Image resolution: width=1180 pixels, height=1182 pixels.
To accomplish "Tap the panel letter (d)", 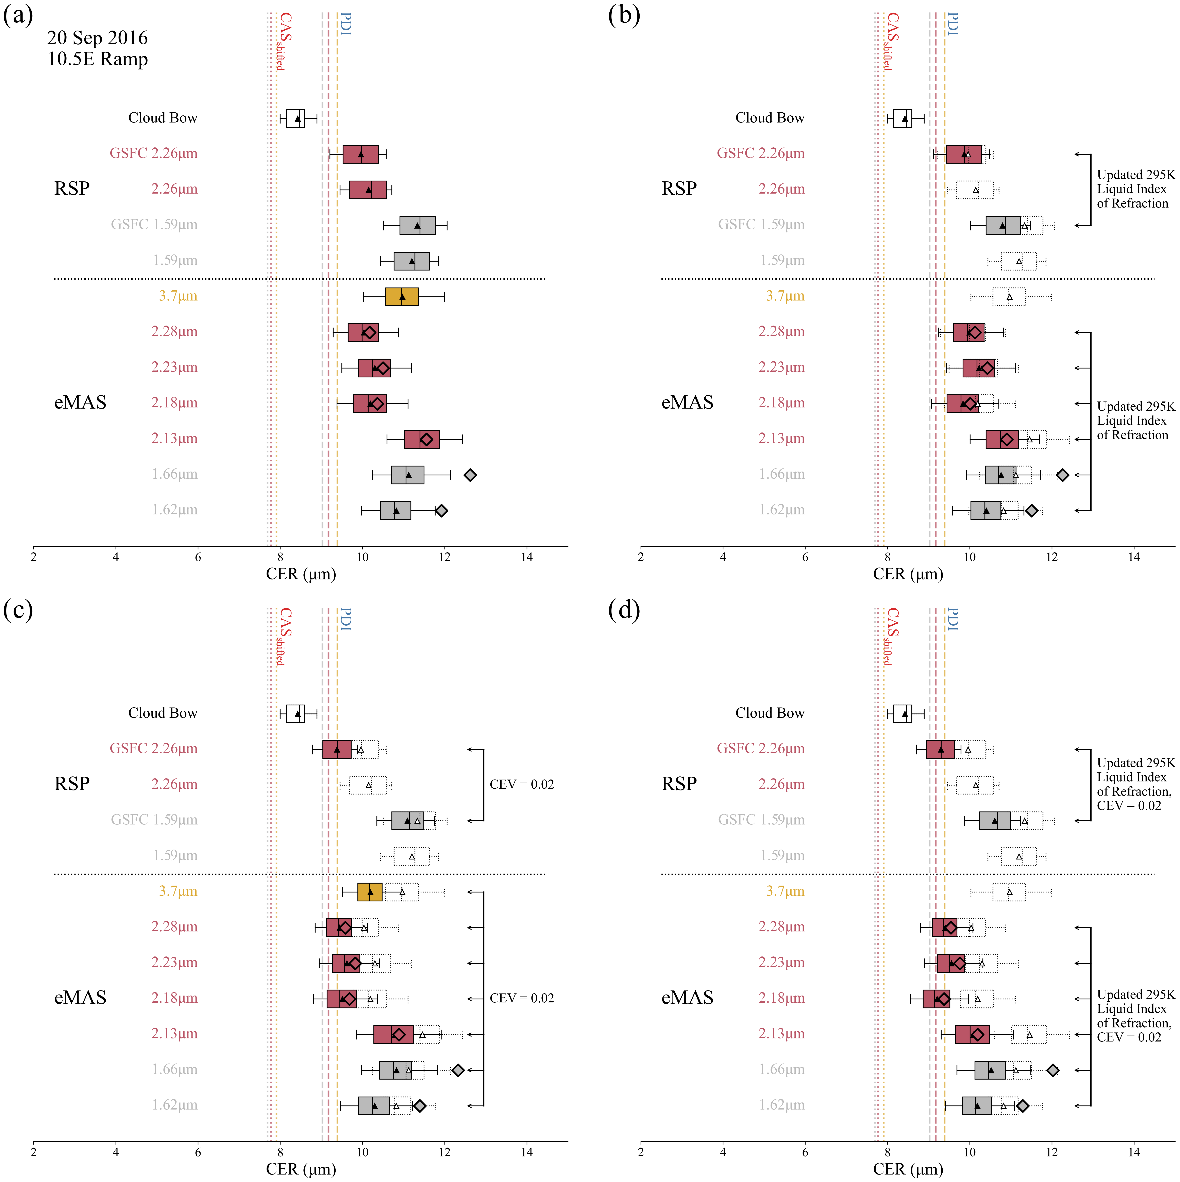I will click(x=624, y=610).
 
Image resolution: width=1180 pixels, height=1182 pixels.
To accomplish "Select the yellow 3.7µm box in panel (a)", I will click(x=402, y=297).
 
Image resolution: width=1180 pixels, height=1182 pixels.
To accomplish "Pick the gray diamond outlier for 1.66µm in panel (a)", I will click(x=470, y=475).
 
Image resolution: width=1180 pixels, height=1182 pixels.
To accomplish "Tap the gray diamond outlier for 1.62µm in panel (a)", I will click(x=441, y=510).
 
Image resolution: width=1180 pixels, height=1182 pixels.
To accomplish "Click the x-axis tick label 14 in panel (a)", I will click(x=527, y=557).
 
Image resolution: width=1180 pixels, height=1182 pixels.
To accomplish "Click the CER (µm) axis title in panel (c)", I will click(x=301, y=1169).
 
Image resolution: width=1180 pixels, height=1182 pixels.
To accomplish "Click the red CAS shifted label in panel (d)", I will click(x=892, y=636).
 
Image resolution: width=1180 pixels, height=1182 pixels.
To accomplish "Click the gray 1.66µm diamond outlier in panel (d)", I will click(x=1053, y=1070).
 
